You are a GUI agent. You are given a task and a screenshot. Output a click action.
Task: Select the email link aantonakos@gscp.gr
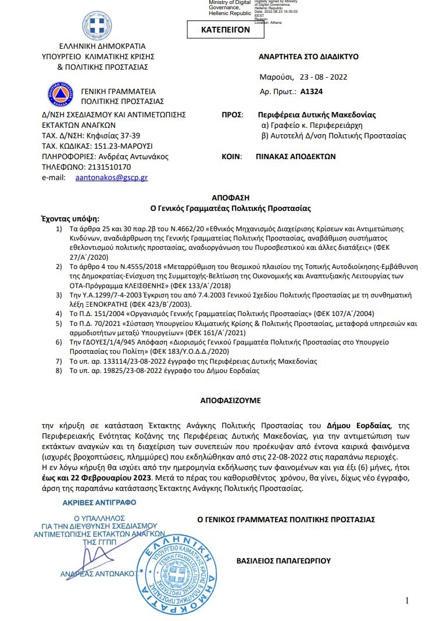point(112,177)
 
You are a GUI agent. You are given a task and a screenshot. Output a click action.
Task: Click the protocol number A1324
point(312,91)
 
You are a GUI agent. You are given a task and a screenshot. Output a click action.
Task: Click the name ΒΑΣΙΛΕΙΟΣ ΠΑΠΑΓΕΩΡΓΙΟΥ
point(284,561)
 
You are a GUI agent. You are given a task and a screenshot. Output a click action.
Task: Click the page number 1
point(407,600)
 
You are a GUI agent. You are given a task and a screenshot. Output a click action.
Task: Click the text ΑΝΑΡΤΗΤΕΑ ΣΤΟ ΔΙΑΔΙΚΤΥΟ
point(308,56)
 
